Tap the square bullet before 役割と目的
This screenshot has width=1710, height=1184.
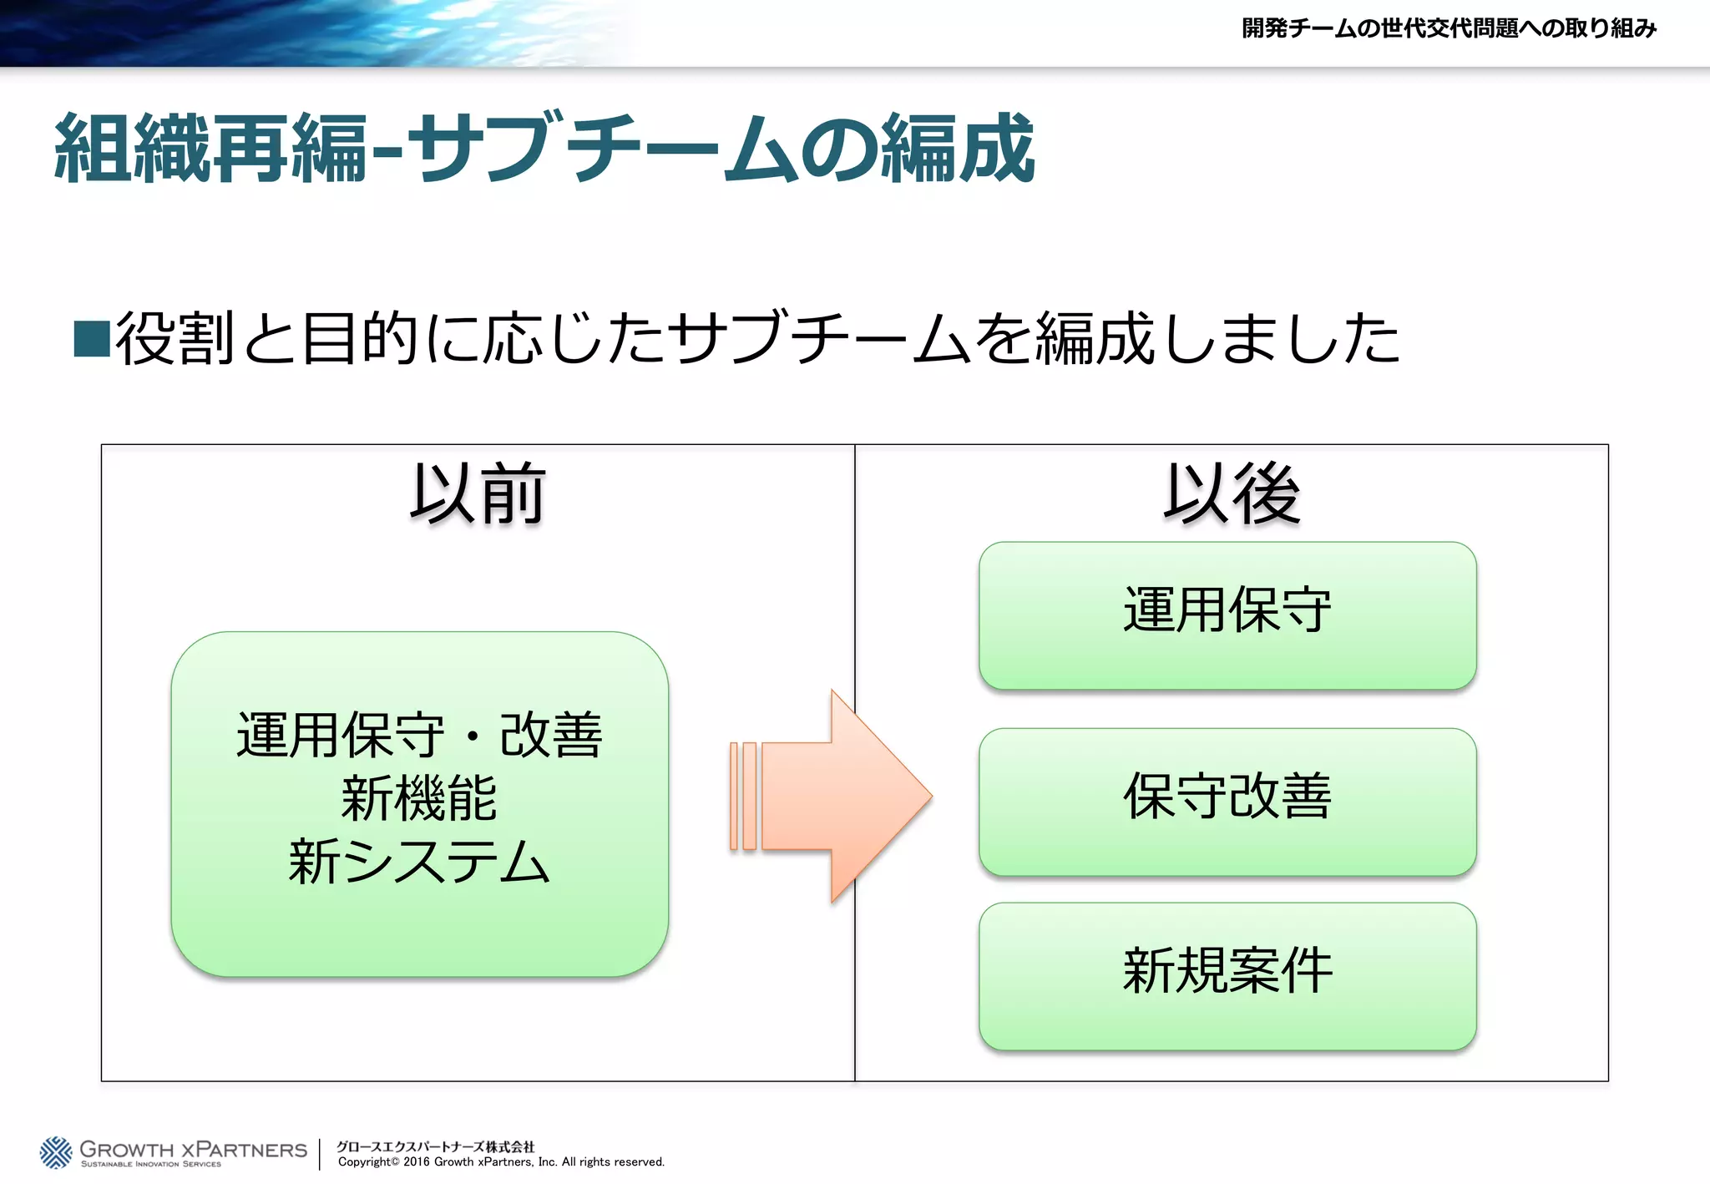(92, 338)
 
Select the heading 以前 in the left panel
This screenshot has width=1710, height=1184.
(478, 494)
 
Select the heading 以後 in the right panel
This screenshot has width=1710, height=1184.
(1232, 494)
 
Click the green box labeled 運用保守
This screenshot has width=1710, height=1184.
(1227, 615)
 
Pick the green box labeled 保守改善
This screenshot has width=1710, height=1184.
(1227, 802)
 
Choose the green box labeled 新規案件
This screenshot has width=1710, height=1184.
(1227, 975)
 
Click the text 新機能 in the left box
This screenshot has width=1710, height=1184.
(419, 799)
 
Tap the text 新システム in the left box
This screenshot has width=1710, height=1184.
(419, 862)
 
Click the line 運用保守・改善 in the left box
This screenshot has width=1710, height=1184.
(419, 736)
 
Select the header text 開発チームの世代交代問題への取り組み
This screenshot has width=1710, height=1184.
(1449, 28)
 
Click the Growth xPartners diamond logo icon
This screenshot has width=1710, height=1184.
(56, 1152)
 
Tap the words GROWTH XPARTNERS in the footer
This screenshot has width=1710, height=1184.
(194, 1149)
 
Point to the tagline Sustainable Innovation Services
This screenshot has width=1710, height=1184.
(151, 1164)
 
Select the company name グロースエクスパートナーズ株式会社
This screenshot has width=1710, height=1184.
(435, 1146)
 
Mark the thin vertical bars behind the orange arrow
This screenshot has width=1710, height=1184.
(743, 796)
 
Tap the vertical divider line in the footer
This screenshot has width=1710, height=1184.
(320, 1154)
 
